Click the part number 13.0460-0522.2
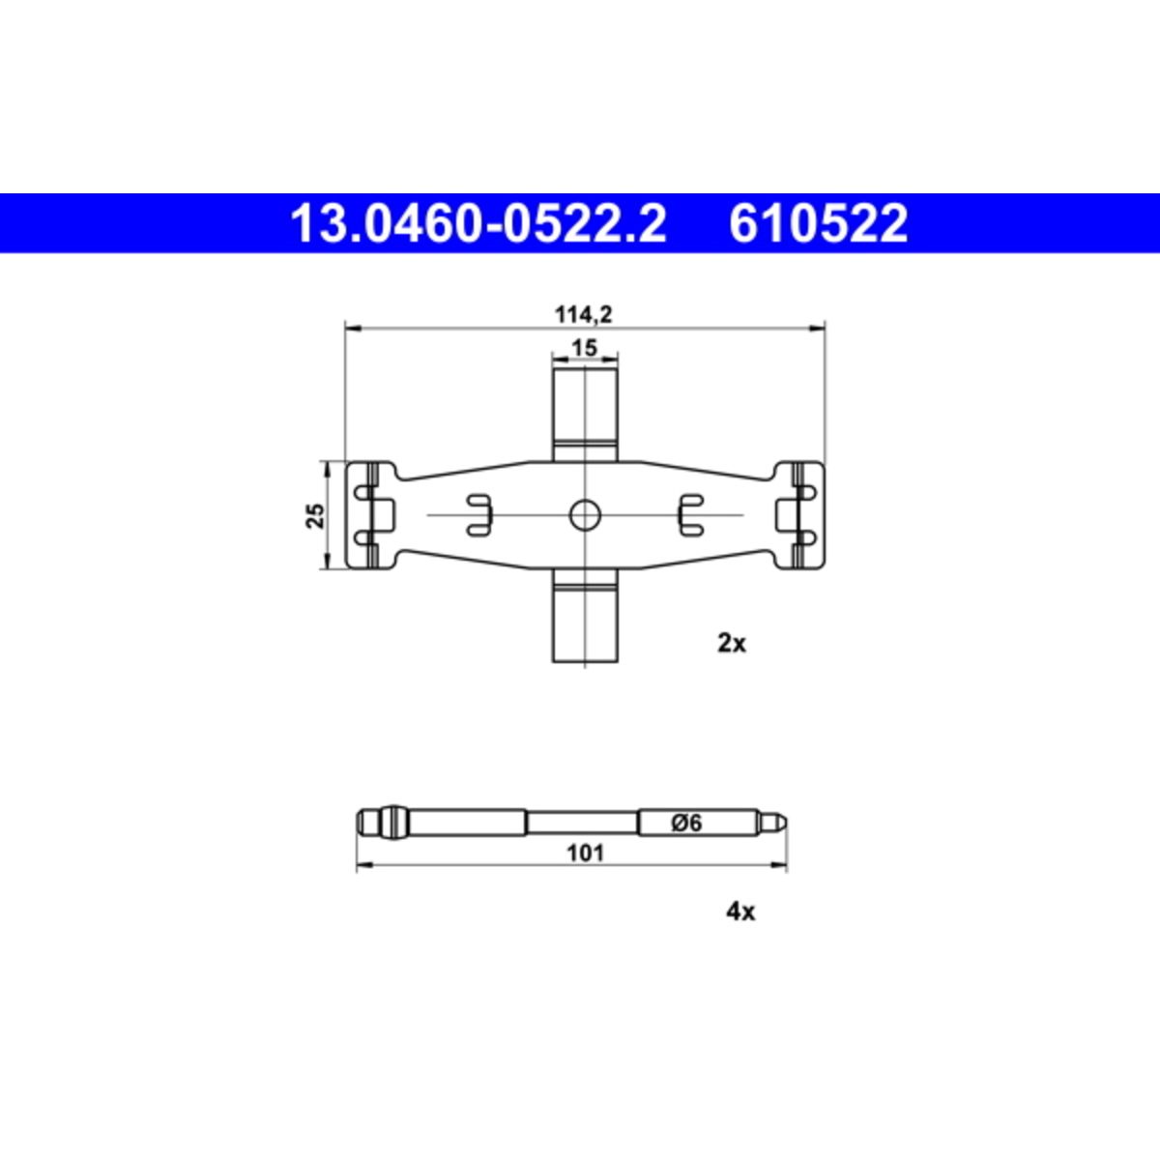[478, 223]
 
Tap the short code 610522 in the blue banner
[818, 223]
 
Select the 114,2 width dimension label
[583, 314]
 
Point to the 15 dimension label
[584, 347]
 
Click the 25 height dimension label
[315, 515]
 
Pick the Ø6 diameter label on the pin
[687, 823]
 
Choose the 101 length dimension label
[585, 853]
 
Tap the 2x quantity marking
[732, 644]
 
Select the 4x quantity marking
[739, 912]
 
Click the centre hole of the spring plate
[585, 514]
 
